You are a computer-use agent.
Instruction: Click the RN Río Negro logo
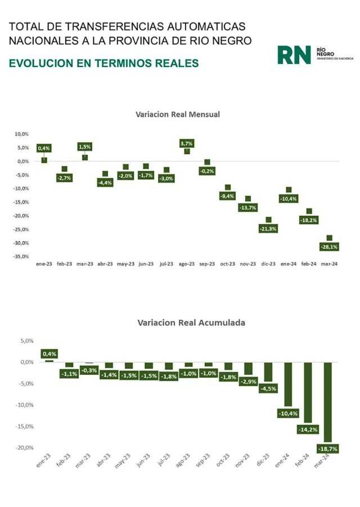pos(313,54)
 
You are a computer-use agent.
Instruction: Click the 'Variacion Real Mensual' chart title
pos(177,114)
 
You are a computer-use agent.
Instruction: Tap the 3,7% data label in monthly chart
pos(187,144)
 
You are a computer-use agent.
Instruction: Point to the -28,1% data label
pos(329,247)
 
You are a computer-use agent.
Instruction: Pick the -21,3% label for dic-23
pos(268,229)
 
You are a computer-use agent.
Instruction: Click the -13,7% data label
pos(248,208)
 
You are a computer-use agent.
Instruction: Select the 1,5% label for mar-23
pos(84,147)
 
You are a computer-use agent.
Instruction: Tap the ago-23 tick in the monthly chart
pos(186,264)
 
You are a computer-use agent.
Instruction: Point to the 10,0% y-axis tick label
pos(21,134)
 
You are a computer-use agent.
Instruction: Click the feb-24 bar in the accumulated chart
pos(307,392)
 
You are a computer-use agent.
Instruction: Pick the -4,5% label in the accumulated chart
pos(268,388)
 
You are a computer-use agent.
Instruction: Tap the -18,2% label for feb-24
pos(309,220)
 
